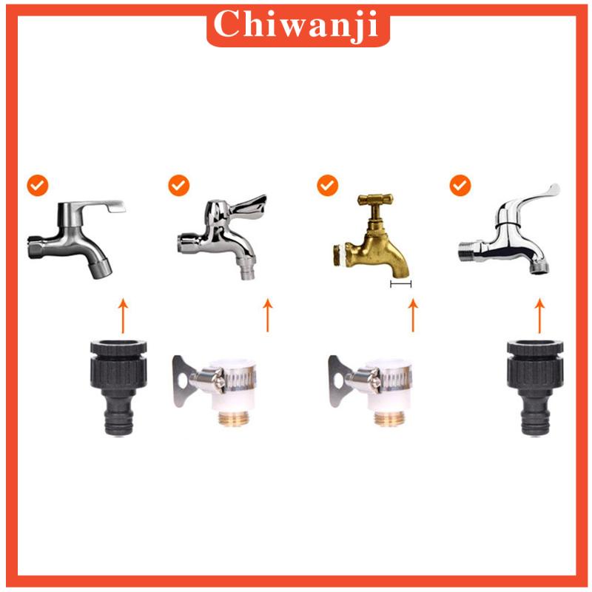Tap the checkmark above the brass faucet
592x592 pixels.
[328, 185]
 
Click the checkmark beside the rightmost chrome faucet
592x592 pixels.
[461, 185]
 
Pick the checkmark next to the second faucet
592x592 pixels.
[178, 185]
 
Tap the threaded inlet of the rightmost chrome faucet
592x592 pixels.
[471, 250]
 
